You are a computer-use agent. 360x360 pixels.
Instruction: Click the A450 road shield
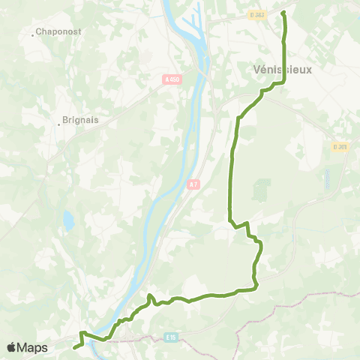[x=171, y=77]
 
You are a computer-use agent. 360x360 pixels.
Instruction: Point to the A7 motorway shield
[x=193, y=184]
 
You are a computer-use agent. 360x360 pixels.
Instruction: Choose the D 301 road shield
[x=340, y=147]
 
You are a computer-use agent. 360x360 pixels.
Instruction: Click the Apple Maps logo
[x=27, y=347]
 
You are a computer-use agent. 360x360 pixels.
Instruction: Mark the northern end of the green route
[x=283, y=13]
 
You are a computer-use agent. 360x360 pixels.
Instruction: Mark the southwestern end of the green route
[x=75, y=347]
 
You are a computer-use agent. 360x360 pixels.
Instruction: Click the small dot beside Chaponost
[x=34, y=34]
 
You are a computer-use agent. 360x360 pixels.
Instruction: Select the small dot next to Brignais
[x=59, y=124]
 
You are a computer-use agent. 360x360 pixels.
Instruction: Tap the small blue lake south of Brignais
[x=69, y=220]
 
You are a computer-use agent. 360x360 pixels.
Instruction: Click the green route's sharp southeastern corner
[x=256, y=286]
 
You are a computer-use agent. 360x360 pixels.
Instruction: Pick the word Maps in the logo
[x=33, y=347]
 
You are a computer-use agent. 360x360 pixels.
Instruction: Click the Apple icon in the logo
[x=11, y=347]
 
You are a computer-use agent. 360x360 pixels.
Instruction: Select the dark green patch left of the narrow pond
[x=261, y=190]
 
